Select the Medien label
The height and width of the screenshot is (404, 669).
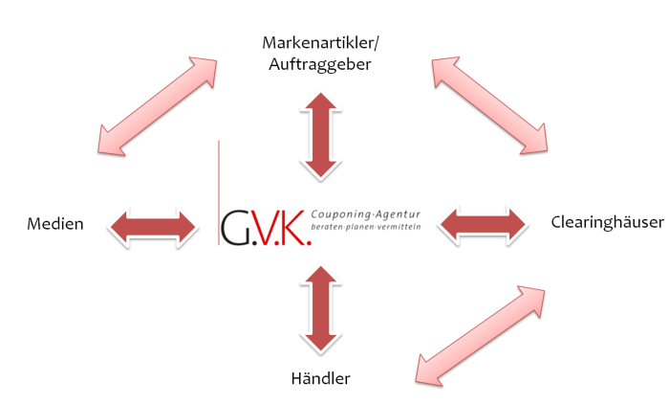point(54,225)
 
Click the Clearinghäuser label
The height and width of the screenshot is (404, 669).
point(607,223)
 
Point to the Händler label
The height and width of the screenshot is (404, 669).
point(320,378)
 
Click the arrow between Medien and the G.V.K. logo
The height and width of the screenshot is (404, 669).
point(153,226)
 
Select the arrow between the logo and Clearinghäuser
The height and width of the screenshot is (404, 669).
point(483,225)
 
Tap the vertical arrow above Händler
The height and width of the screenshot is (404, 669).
point(320,309)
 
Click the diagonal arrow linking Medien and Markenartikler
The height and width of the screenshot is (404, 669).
point(157,105)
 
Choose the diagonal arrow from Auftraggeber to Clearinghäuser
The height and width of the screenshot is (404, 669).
point(489,105)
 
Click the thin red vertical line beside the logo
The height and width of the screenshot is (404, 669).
point(218,191)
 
